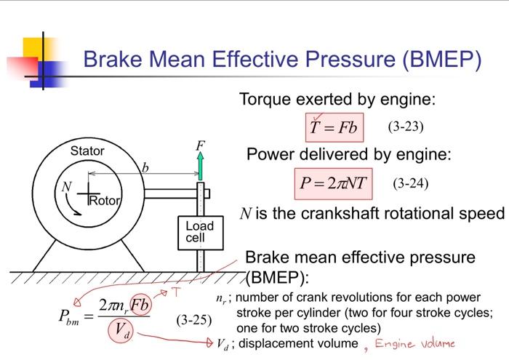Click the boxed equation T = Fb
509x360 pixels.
[333, 127]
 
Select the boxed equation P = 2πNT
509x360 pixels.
[334, 183]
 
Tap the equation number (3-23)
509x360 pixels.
[405, 127]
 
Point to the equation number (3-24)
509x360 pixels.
[410, 183]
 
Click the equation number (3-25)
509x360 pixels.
[193, 319]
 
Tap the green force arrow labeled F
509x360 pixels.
[201, 166]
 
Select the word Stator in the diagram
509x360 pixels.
[87, 151]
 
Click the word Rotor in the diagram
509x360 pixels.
[104, 201]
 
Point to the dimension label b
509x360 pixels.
[145, 167]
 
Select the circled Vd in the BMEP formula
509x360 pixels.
[121, 332]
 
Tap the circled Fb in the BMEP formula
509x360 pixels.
[138, 303]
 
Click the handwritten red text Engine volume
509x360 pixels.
[414, 343]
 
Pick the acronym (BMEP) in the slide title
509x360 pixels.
[440, 59]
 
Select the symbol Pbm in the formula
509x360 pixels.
[71, 317]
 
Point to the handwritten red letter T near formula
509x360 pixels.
[175, 292]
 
